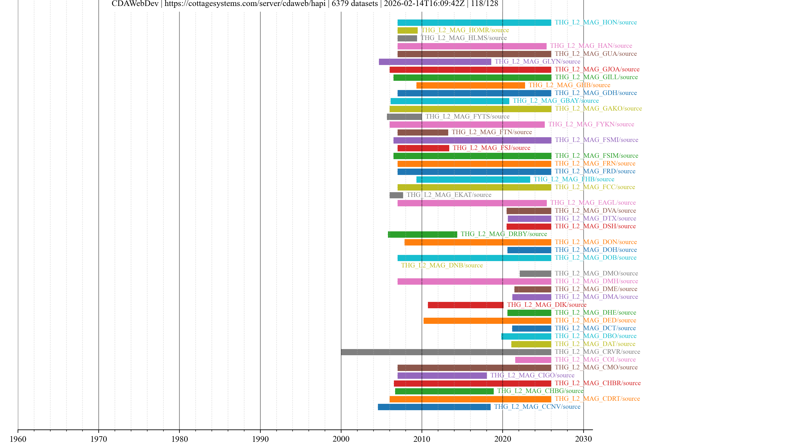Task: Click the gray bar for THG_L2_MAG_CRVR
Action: pyautogui.click(x=446, y=352)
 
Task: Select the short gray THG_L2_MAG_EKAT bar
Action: pyautogui.click(x=396, y=195)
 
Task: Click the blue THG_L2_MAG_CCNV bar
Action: pyautogui.click(x=434, y=407)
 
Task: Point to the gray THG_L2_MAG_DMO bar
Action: pyautogui.click(x=535, y=274)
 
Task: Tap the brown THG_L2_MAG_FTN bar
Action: pyautogui.click(x=423, y=132)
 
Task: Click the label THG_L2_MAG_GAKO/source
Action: pyautogui.click(x=598, y=108)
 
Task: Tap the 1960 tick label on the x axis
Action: pyautogui.click(x=18, y=439)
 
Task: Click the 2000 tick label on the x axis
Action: pyautogui.click(x=341, y=439)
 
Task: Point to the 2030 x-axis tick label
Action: pyautogui.click(x=583, y=439)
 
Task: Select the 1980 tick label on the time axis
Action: pyautogui.click(x=179, y=439)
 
